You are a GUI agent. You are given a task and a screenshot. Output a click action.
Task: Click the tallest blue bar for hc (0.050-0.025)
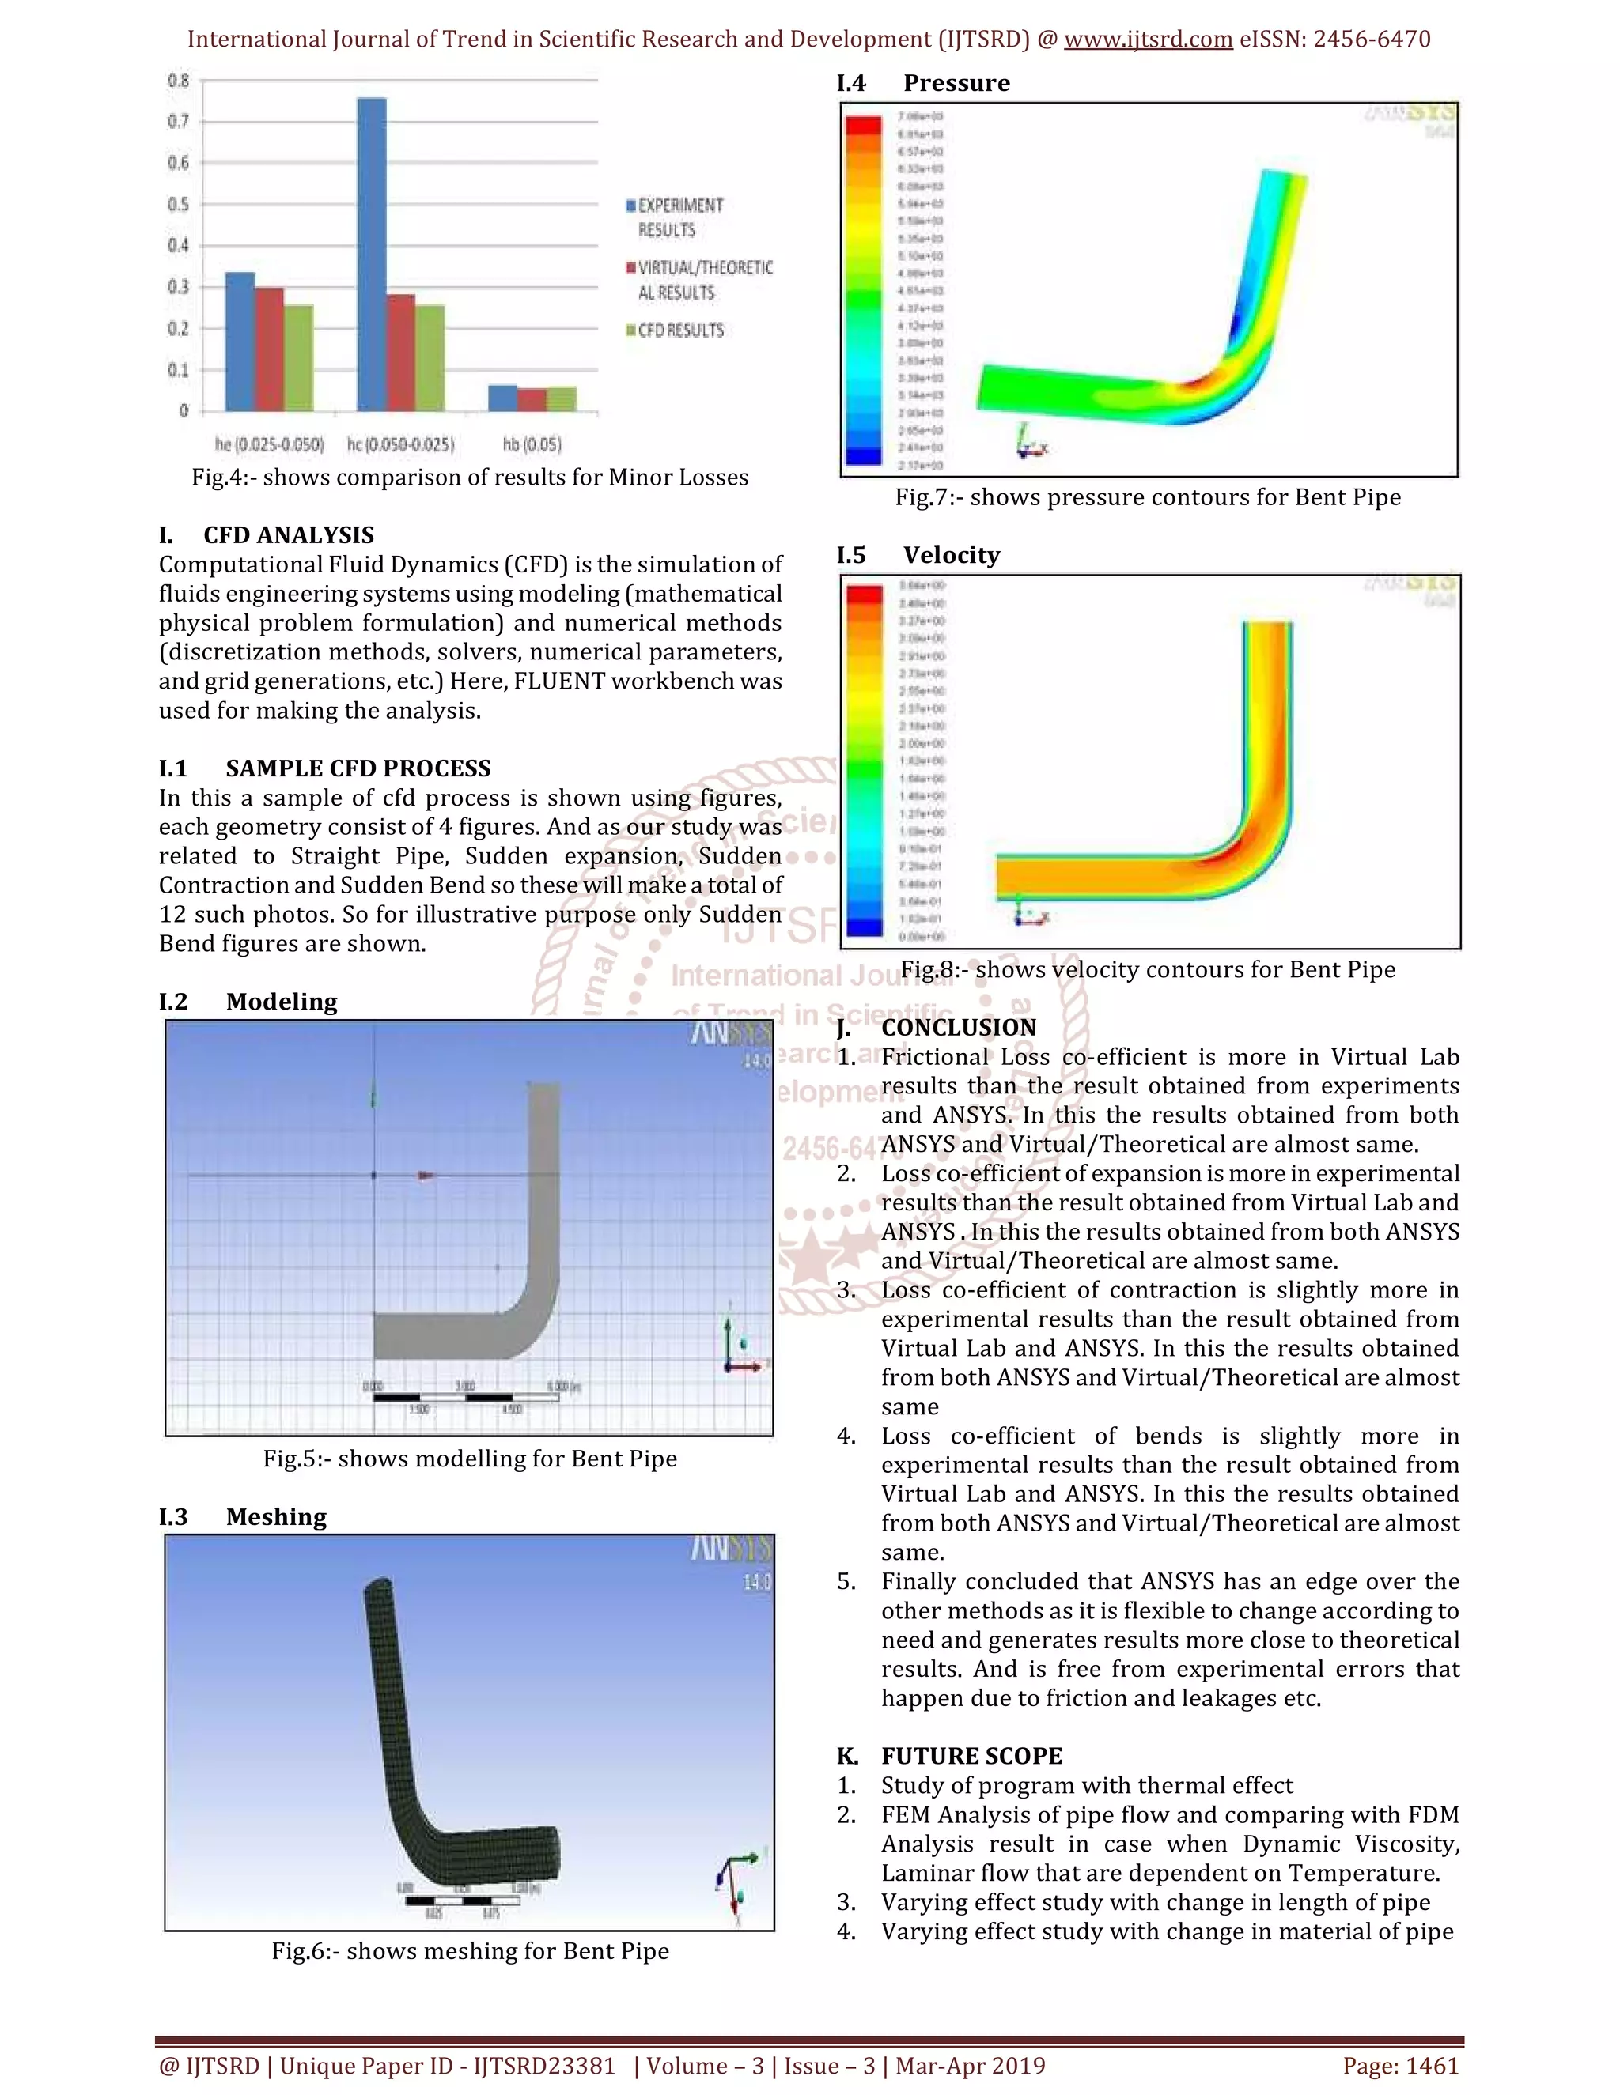[372, 255]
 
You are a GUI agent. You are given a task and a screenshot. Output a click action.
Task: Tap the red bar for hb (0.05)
[532, 399]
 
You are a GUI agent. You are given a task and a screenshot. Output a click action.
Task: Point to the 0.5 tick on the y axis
[179, 204]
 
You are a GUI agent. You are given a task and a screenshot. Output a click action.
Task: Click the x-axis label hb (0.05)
[532, 444]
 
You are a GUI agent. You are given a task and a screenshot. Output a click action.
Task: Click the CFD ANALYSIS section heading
[288, 534]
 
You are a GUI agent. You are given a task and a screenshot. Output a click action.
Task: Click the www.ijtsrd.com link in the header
[1148, 40]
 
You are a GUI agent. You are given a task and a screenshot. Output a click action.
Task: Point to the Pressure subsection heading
[956, 84]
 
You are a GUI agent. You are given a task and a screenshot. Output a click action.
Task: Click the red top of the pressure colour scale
[863, 125]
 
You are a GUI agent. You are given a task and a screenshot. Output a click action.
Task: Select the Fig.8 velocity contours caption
[1147, 969]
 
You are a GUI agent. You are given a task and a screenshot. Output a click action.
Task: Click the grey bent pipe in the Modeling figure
[543, 1247]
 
